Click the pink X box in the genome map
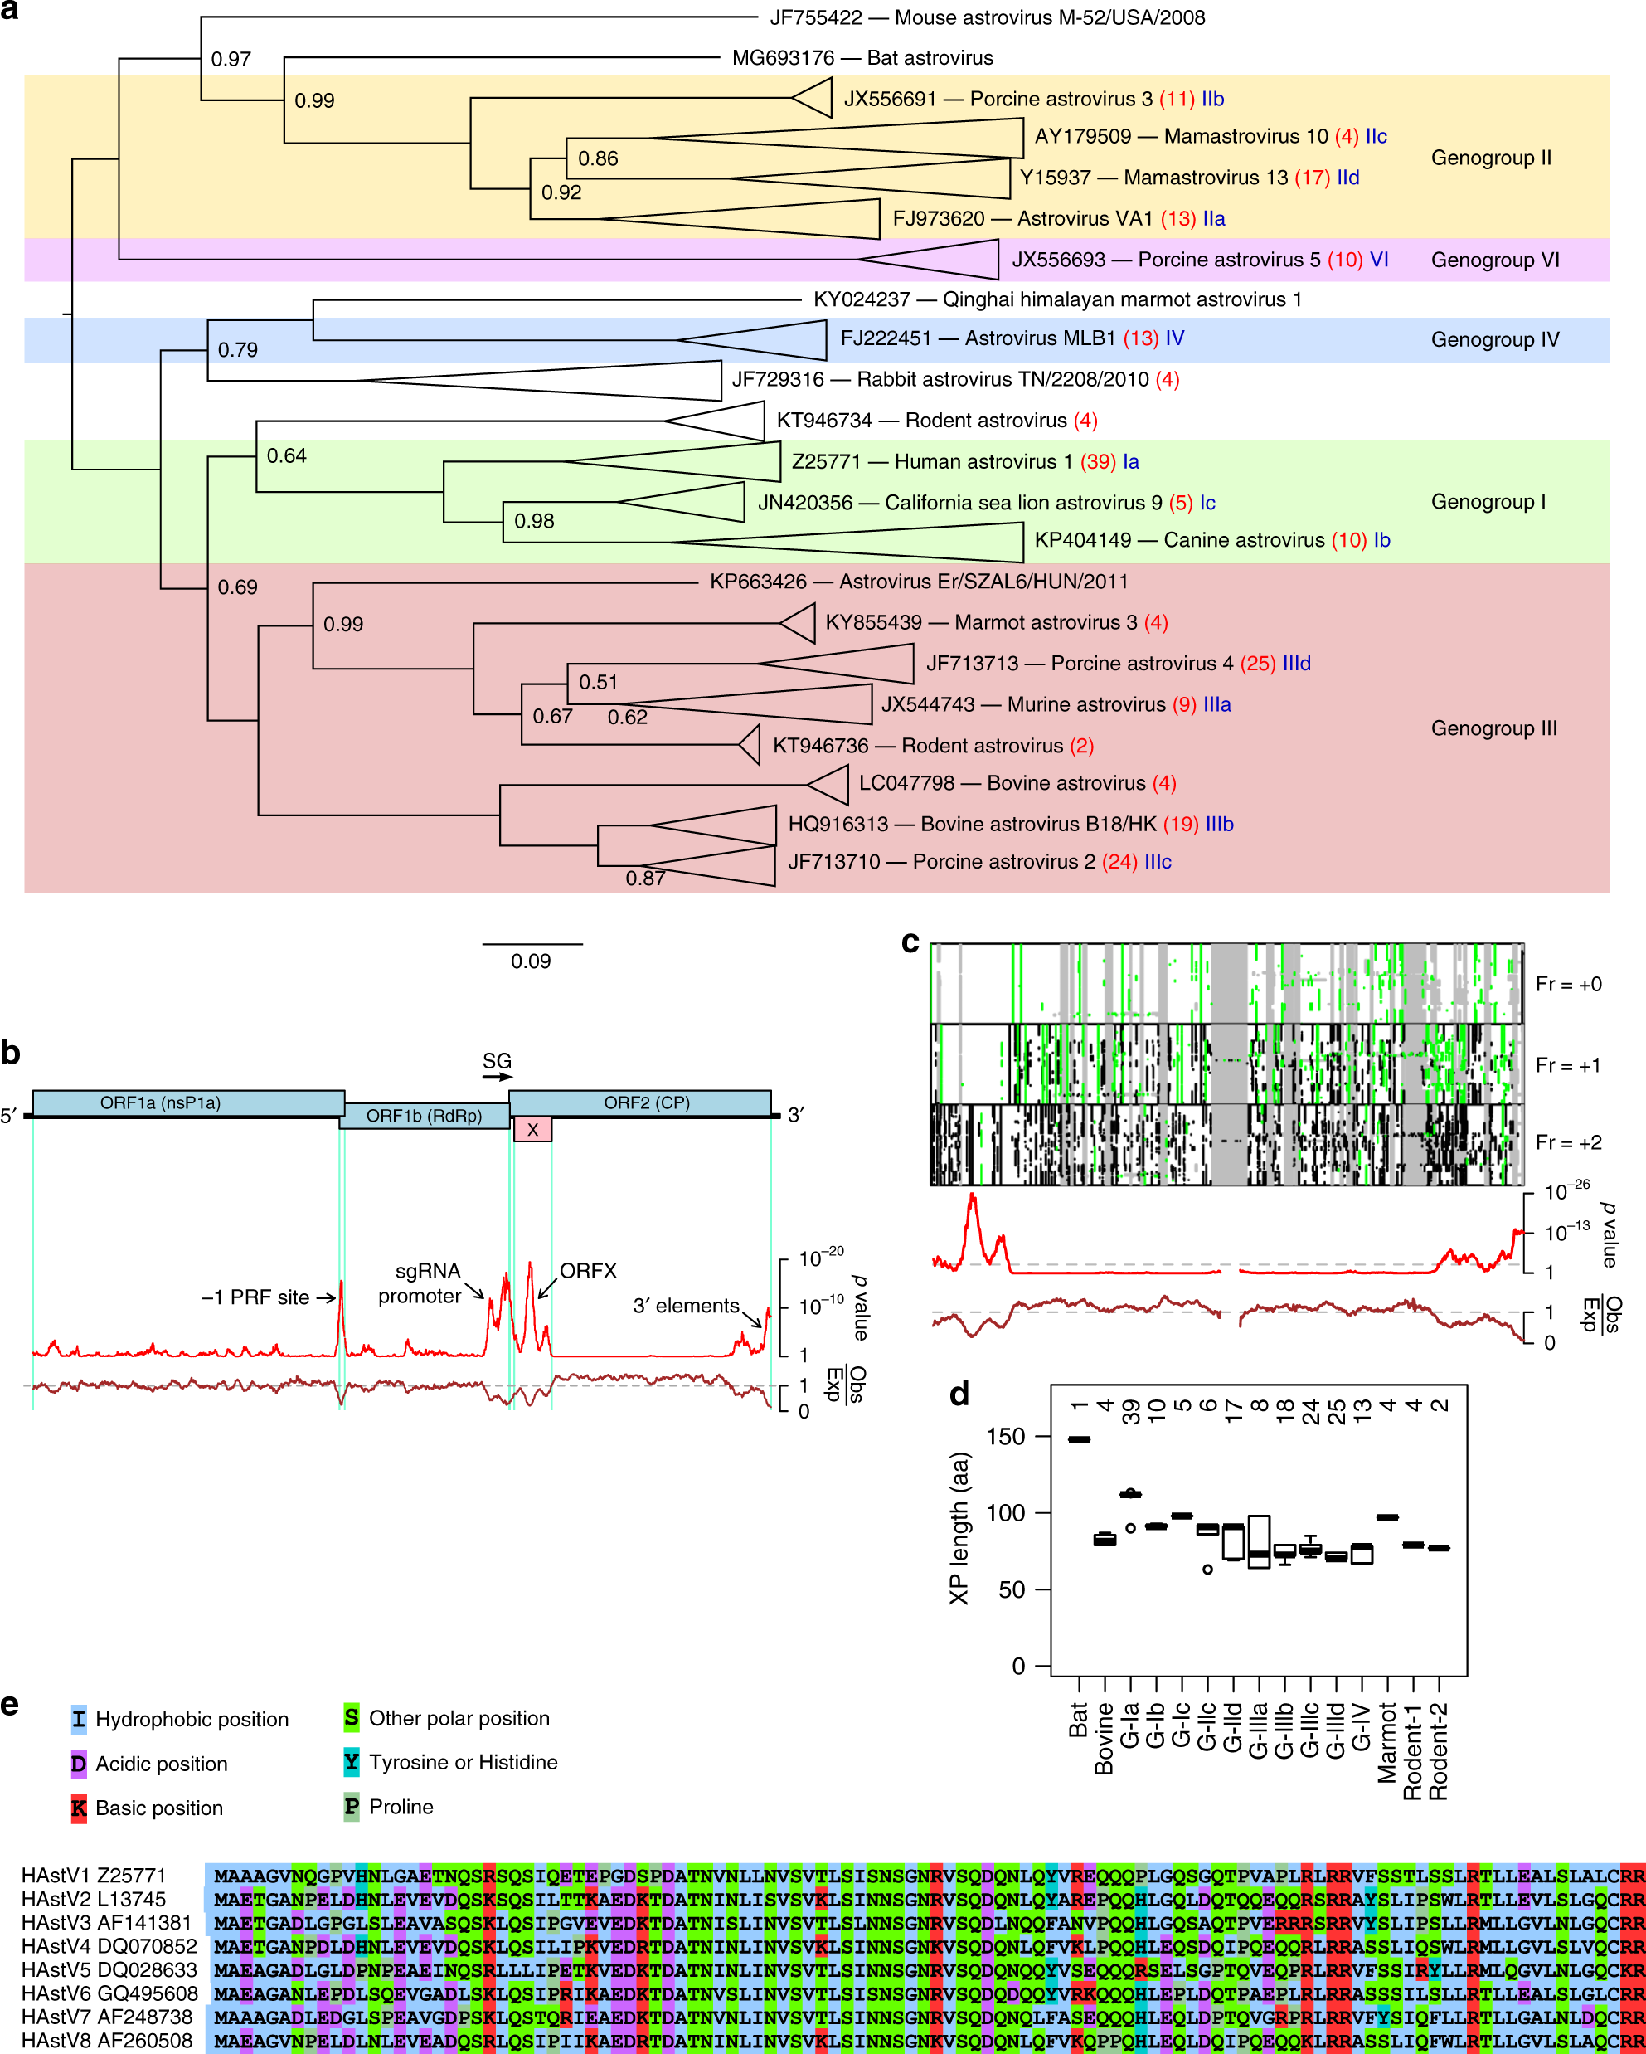tap(532, 1130)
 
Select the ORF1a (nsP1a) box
tap(187, 1102)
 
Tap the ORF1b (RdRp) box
tap(424, 1116)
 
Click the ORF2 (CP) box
tap(640, 1102)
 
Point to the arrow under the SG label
tap(496, 1078)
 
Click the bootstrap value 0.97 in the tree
tap(231, 59)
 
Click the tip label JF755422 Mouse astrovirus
tap(987, 18)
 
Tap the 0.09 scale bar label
tap(531, 961)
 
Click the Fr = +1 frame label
tap(1568, 1065)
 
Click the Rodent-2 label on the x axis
tap(1439, 1751)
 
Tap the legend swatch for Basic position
tap(79, 1808)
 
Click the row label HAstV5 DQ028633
tap(109, 1970)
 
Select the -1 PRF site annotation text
tap(255, 1297)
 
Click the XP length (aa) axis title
tap(959, 1528)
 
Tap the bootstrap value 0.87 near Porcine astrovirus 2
tap(645, 879)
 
